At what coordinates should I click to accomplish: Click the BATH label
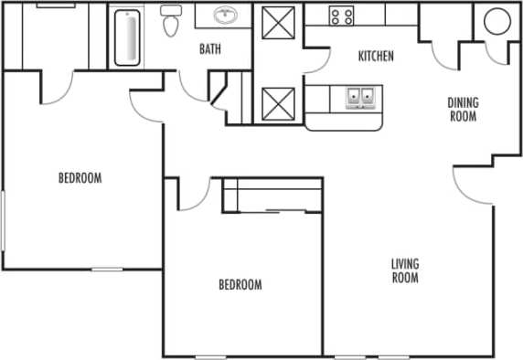point(208,49)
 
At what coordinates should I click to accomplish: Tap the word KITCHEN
point(375,57)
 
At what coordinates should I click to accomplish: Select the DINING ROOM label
point(463,110)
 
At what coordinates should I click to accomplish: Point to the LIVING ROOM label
point(404,270)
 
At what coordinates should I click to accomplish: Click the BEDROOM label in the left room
point(80,178)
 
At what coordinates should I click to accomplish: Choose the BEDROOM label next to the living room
point(240,285)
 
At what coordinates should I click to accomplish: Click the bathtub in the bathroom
point(127,37)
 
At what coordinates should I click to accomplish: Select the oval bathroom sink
point(224,16)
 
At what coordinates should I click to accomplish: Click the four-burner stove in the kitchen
point(341,15)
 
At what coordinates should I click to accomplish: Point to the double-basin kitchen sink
point(359,97)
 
